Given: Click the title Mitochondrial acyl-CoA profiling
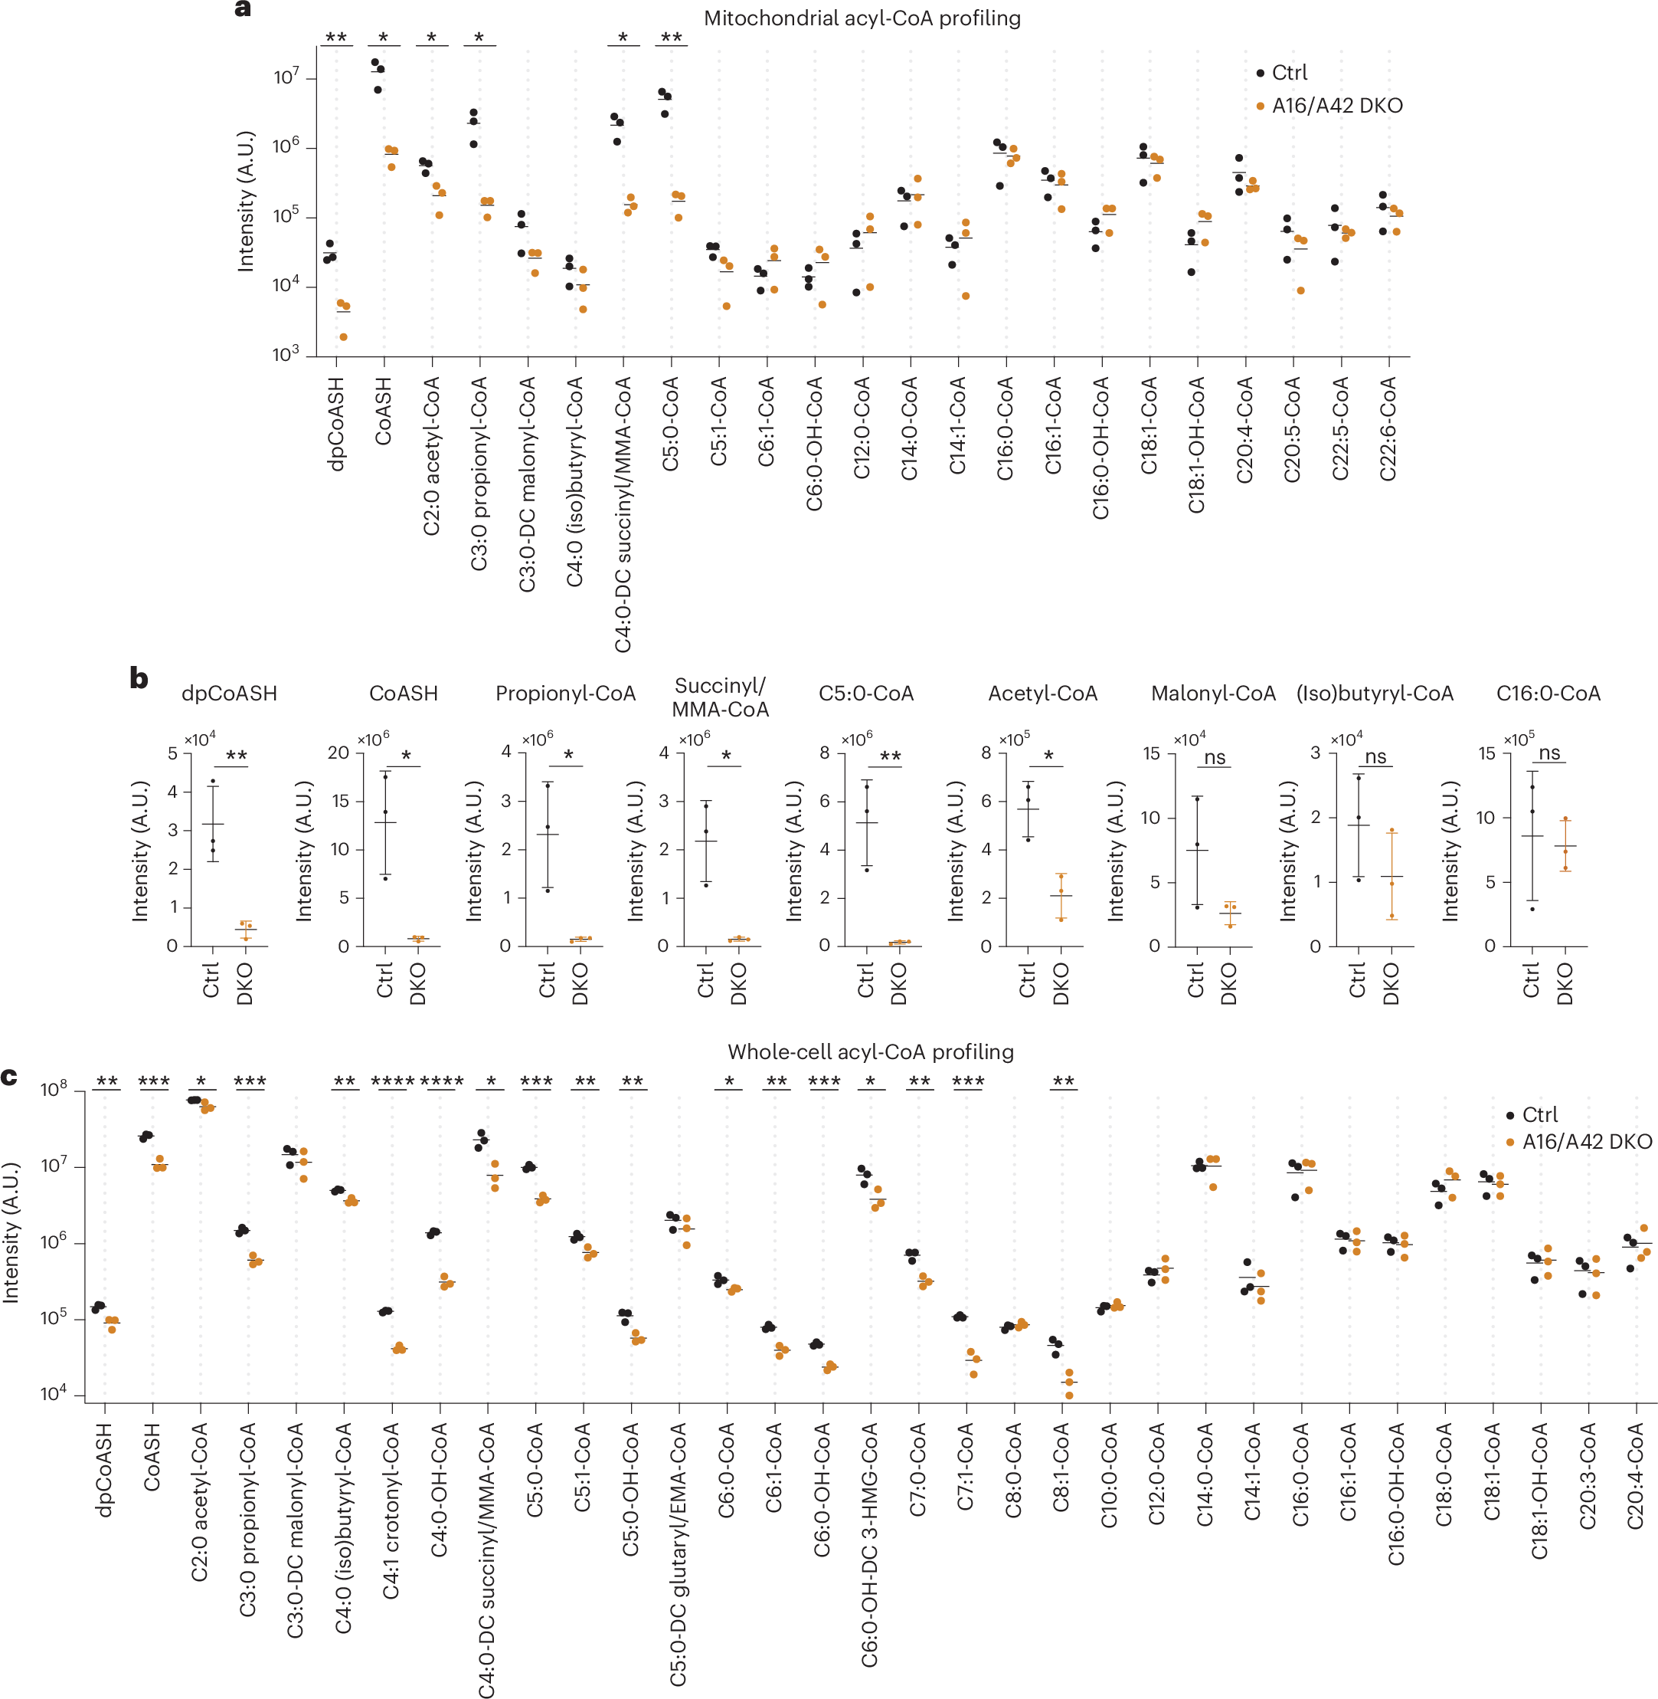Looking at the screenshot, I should tap(862, 18).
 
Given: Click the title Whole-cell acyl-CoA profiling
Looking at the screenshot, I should tap(870, 1051).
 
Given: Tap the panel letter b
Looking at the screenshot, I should tap(139, 678).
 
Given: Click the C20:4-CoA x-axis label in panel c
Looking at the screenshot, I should tap(1635, 1475).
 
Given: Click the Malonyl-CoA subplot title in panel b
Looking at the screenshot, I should tap(1212, 694).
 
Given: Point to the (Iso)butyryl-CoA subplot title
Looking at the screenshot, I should tap(1374, 694).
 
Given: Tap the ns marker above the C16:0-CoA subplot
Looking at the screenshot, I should tap(1549, 753).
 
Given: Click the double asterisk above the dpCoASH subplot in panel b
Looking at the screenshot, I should tap(236, 756).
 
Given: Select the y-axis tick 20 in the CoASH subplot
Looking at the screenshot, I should tap(338, 753).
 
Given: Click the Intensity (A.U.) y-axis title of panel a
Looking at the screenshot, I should tap(247, 202).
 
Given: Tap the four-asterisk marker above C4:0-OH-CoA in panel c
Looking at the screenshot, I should tap(441, 1081).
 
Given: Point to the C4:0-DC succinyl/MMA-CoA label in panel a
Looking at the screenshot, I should tap(623, 514).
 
